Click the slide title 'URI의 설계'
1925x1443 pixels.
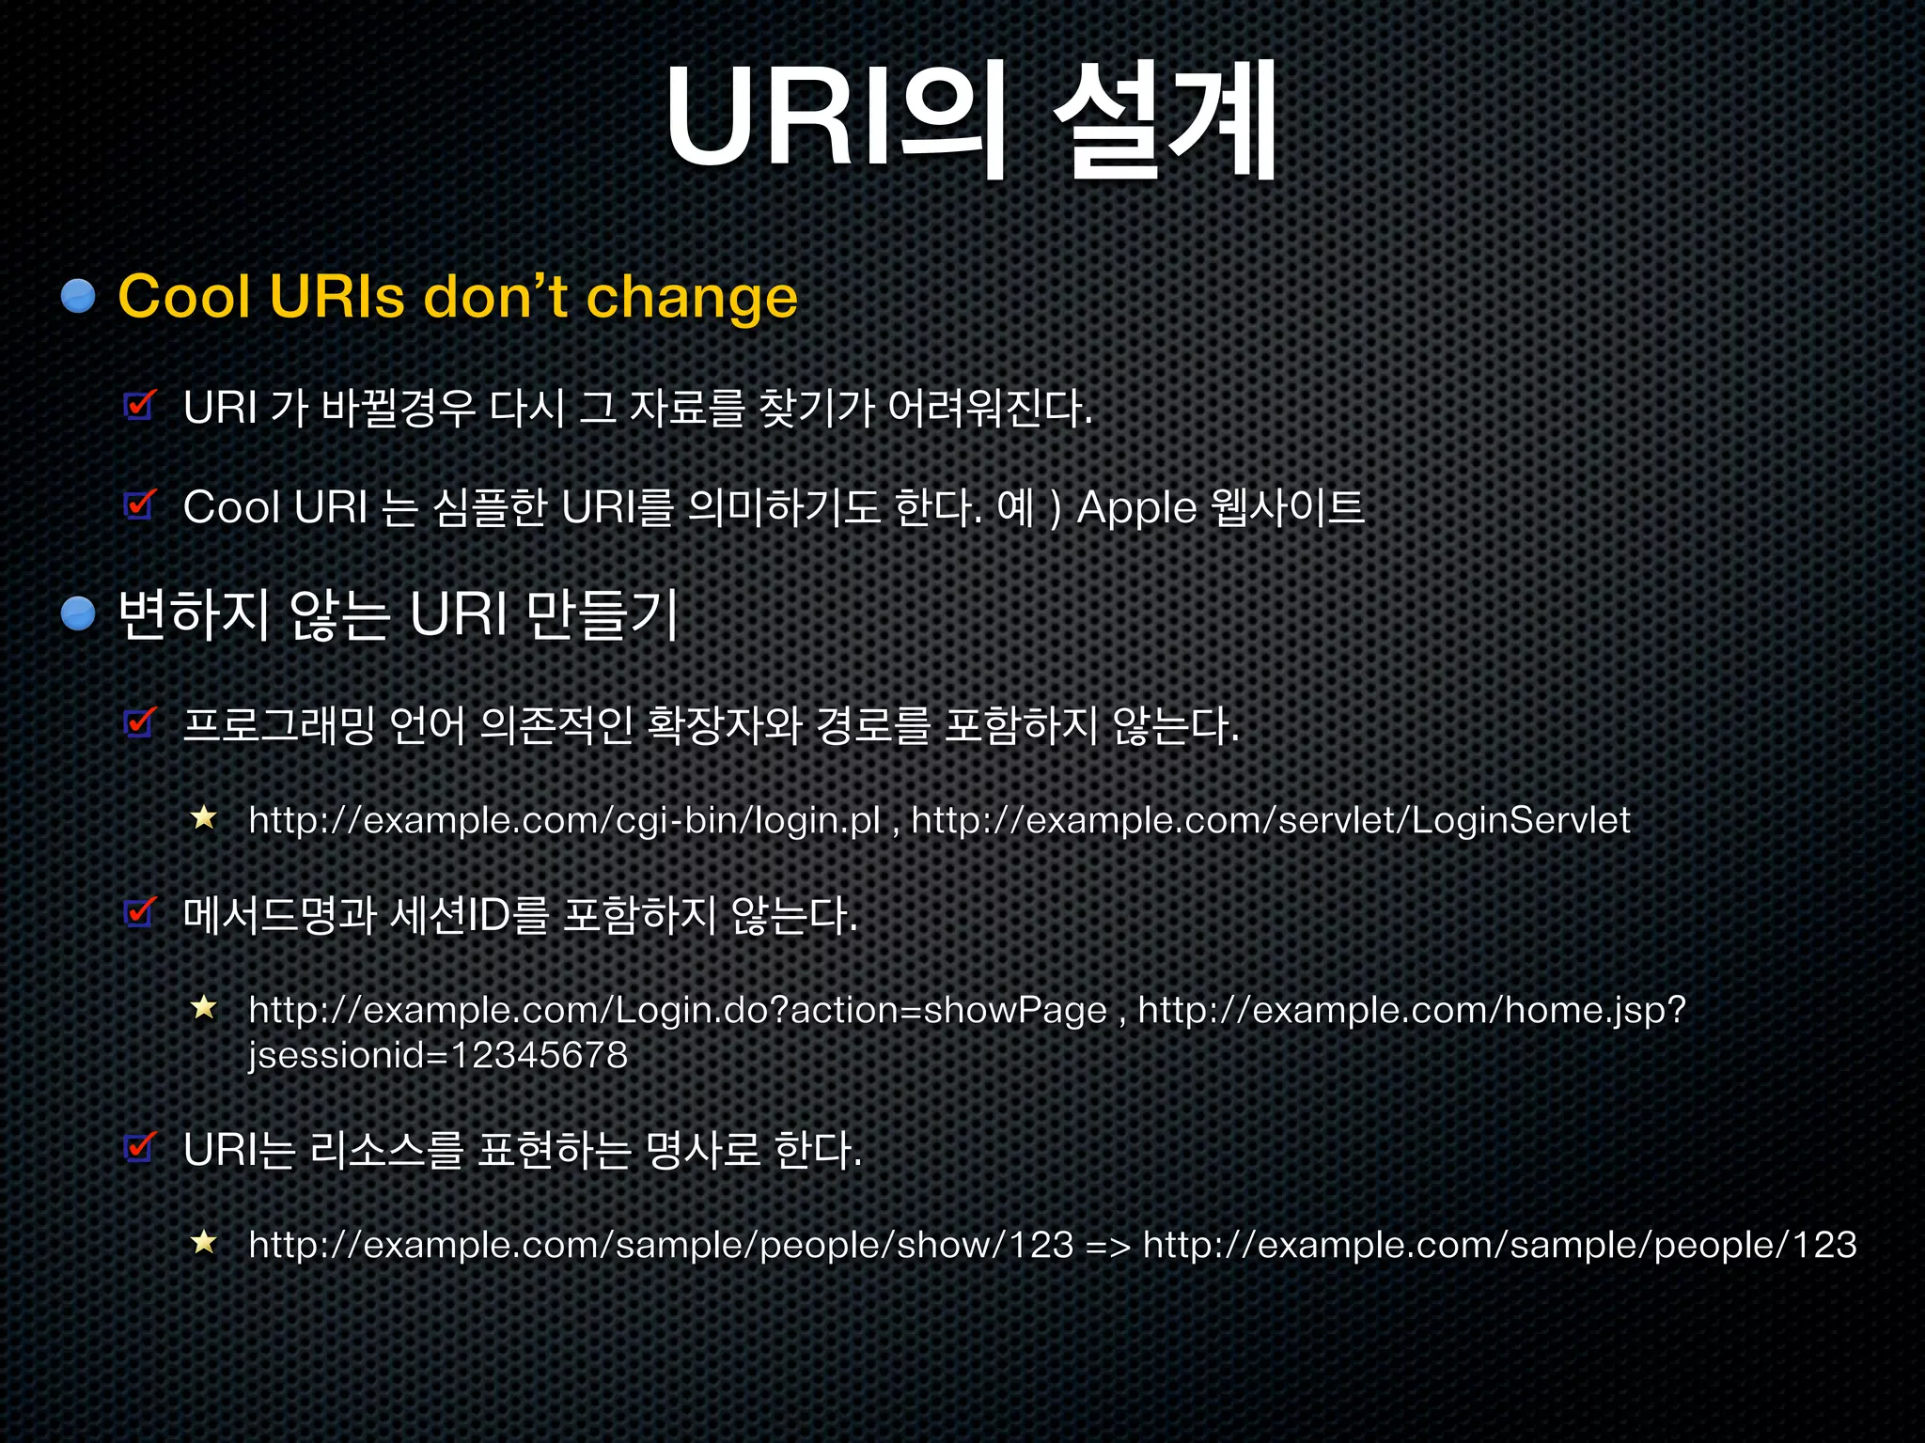(x=971, y=120)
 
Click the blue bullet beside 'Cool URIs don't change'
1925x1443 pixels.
(x=79, y=296)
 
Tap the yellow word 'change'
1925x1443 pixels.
(x=692, y=298)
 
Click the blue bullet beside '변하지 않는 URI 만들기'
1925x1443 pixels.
(x=79, y=614)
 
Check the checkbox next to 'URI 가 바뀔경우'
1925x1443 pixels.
(x=140, y=407)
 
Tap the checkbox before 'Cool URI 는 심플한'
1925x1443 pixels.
(x=140, y=505)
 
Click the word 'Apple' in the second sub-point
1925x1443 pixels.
(x=1135, y=508)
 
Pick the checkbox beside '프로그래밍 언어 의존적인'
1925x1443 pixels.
(x=140, y=723)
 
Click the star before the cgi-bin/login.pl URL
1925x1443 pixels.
(x=204, y=818)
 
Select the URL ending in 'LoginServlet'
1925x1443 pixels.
(x=1270, y=820)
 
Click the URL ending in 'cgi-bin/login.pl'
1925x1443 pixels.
(x=564, y=820)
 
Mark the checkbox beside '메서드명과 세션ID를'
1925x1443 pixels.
(x=140, y=912)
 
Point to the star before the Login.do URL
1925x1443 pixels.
(x=204, y=1009)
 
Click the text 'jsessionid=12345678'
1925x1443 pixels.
(x=438, y=1055)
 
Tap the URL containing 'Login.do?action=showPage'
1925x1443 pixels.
(x=677, y=1010)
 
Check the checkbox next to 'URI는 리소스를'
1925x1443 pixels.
(x=140, y=1148)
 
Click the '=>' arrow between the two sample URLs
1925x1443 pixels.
(x=1107, y=1246)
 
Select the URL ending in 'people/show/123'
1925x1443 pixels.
(x=661, y=1245)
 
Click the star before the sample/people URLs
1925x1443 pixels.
(x=204, y=1244)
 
